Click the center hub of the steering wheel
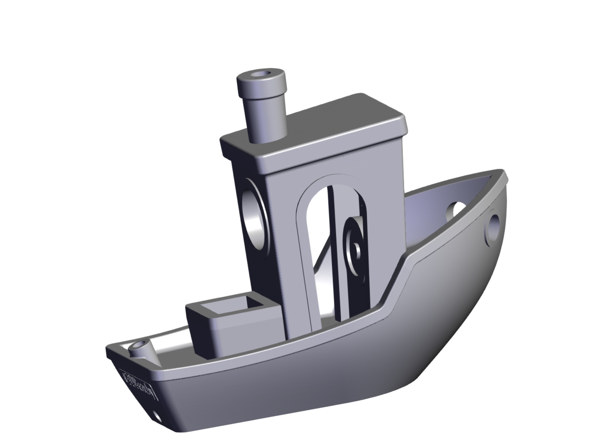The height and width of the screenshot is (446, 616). pyautogui.click(x=357, y=248)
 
